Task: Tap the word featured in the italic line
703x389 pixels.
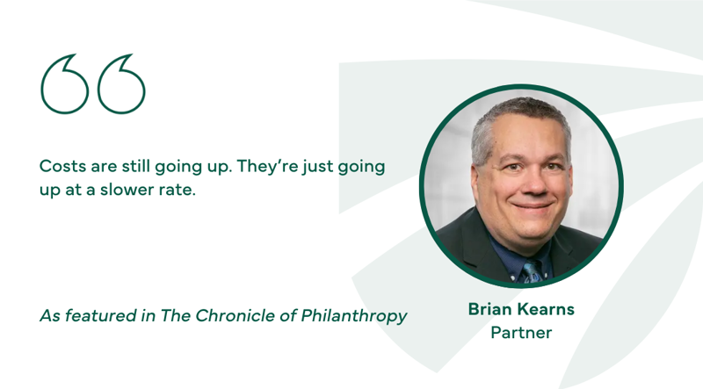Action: [98, 315]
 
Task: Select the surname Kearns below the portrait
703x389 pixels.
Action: [547, 310]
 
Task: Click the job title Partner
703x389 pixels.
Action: [520, 333]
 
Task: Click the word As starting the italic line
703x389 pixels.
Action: [49, 315]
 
